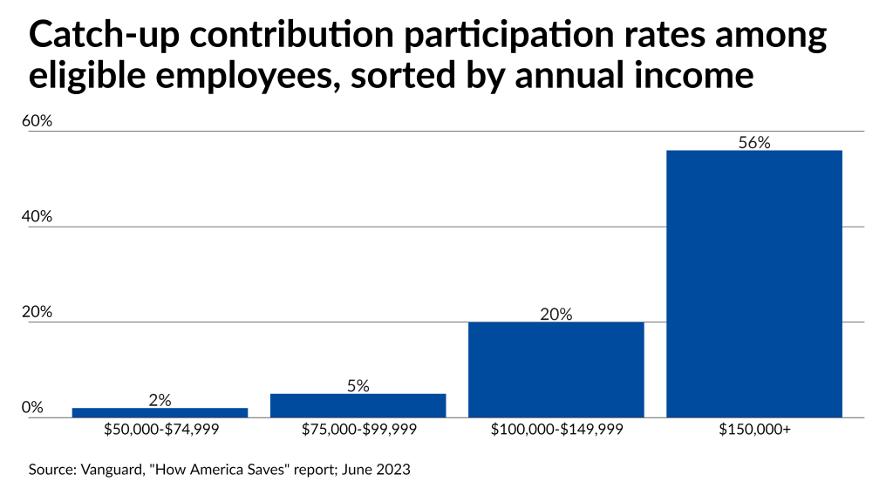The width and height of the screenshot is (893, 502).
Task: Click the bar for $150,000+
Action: coord(754,284)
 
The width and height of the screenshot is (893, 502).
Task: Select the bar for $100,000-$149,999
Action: coord(556,370)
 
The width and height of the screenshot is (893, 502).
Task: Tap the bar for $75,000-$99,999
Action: coord(358,406)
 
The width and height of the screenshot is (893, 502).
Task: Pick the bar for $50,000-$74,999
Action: coord(160,412)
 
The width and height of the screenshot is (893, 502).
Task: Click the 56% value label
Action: coord(754,142)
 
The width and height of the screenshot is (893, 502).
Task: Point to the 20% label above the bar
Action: coord(556,314)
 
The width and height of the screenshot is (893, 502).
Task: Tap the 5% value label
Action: coord(358,386)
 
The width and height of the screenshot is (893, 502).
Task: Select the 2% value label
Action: coord(160,400)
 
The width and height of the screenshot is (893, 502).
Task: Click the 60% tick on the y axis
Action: coord(37,120)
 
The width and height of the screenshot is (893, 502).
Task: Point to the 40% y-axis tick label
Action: coord(37,216)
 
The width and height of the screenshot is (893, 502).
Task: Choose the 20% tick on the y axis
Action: coord(37,312)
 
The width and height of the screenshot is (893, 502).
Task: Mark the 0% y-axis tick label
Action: coord(32,407)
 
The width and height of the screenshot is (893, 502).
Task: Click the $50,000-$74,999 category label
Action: coord(161,429)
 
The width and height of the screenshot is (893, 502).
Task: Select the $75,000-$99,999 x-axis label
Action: coord(359,429)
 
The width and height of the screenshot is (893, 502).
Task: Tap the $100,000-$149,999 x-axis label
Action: coord(557,429)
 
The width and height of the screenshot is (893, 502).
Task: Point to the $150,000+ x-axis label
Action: coord(754,429)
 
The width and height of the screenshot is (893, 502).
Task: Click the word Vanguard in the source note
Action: coord(112,470)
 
